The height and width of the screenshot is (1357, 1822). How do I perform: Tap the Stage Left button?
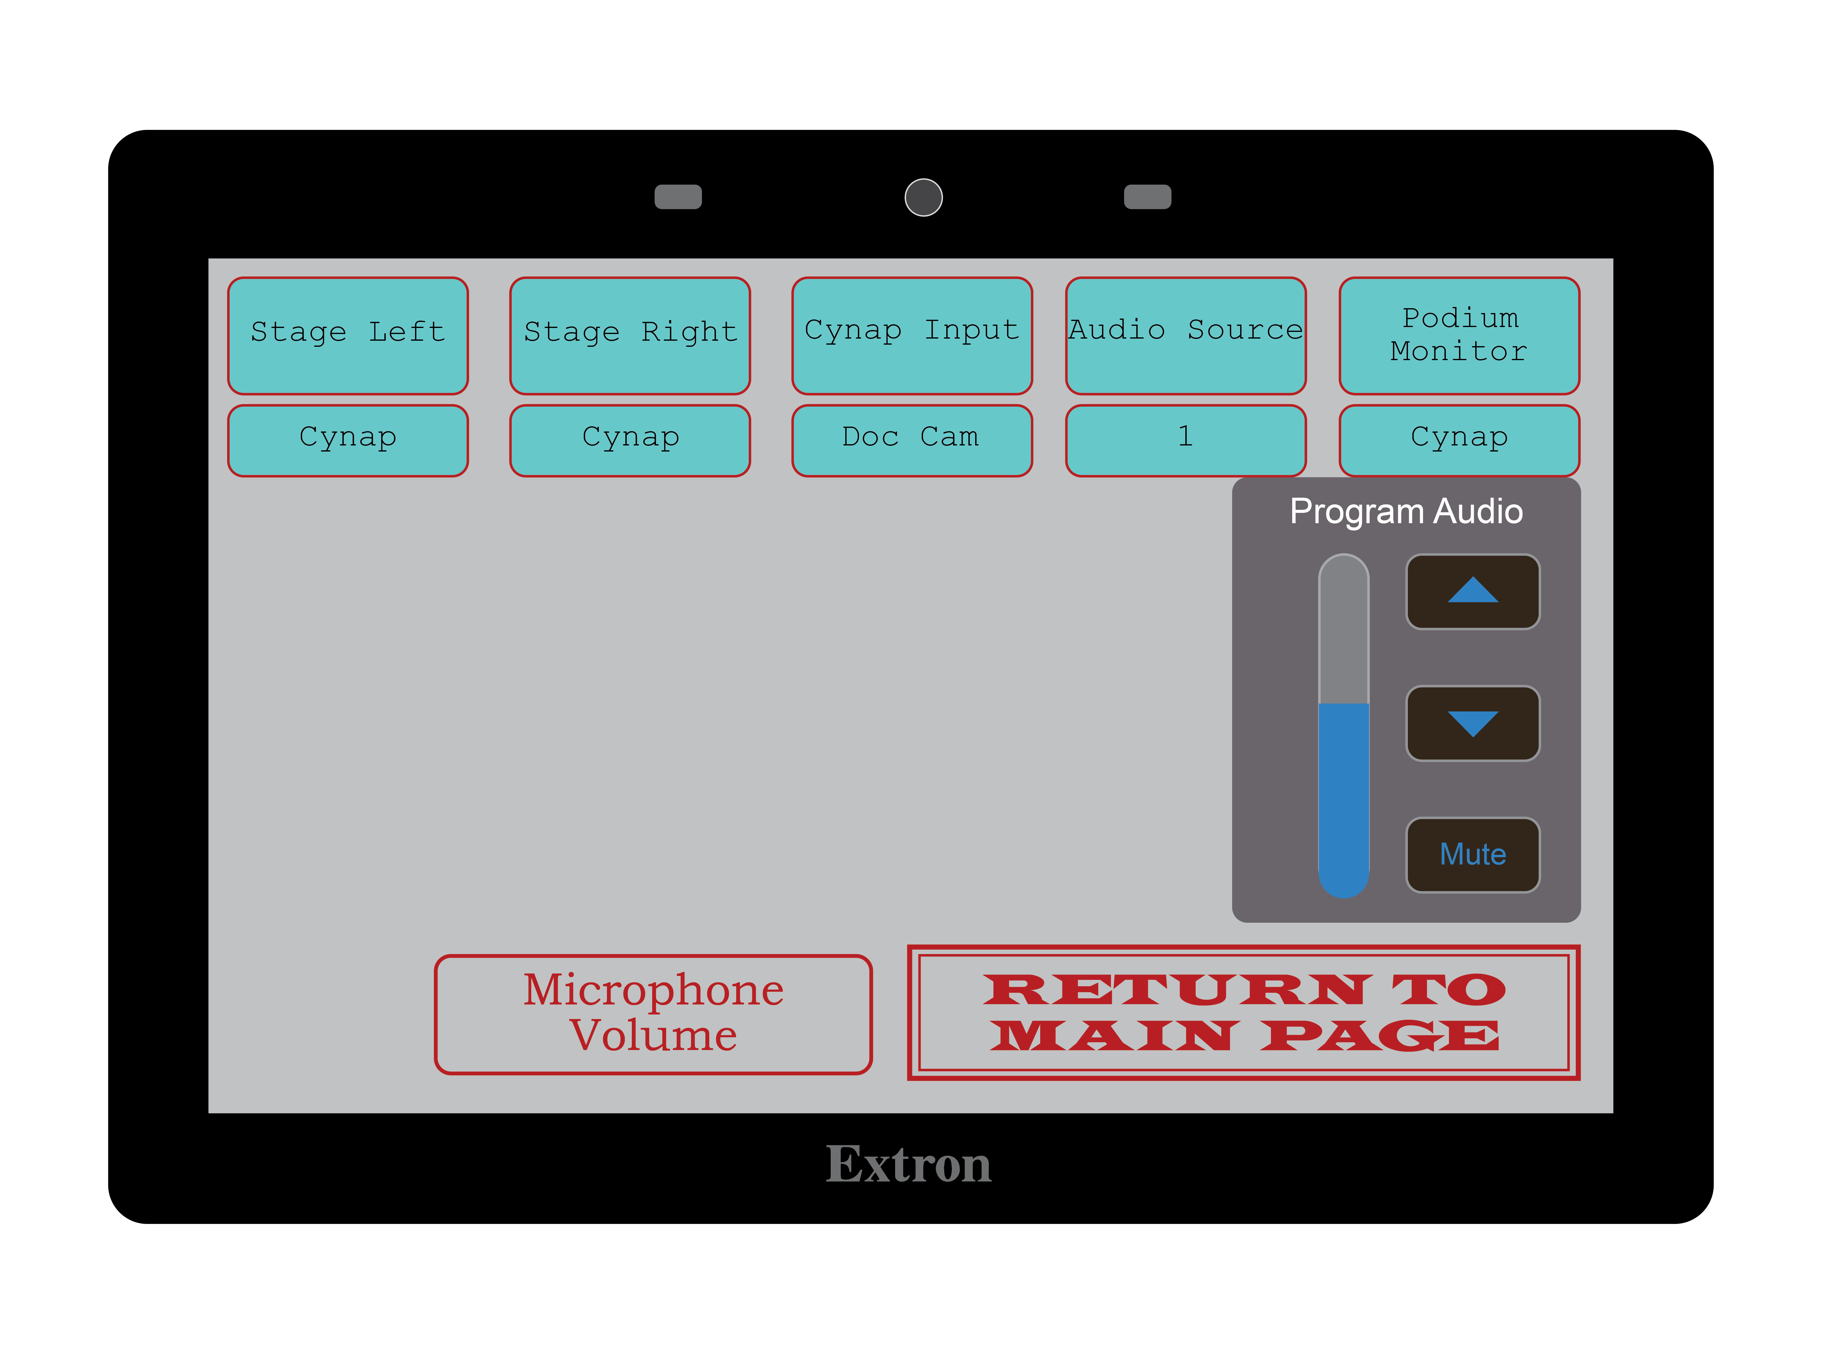click(347, 335)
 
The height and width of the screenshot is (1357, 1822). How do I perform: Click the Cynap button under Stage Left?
click(347, 440)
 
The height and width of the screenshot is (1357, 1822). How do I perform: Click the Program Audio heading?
click(1405, 511)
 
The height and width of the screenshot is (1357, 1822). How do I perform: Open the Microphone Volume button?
click(653, 1014)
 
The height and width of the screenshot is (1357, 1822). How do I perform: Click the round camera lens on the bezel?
click(923, 197)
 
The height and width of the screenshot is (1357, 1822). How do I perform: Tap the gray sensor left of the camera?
click(678, 197)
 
